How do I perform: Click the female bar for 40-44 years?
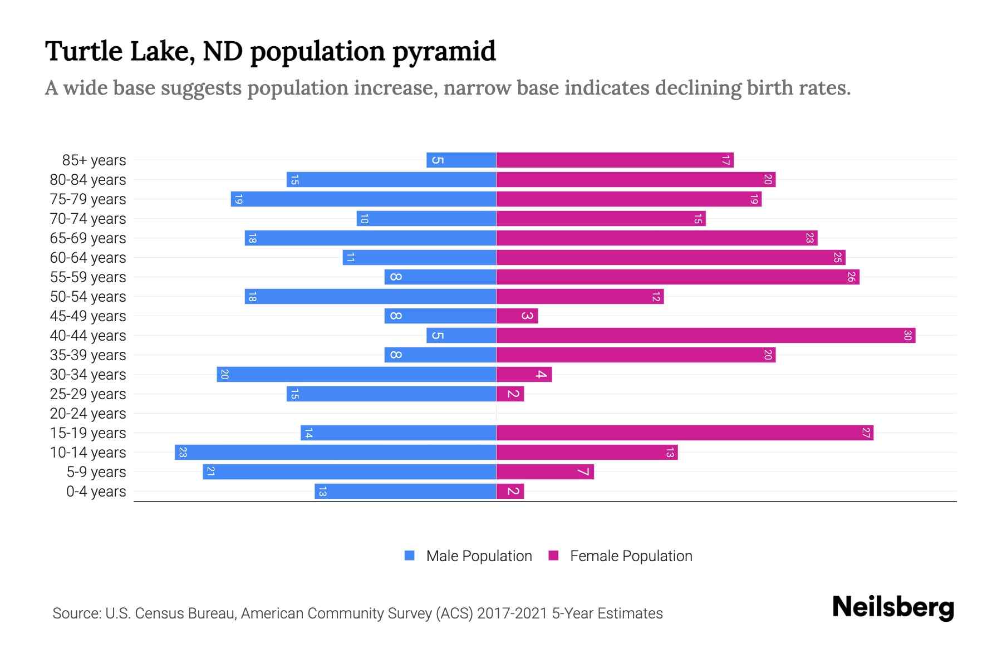coord(705,336)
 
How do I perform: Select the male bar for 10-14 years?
coord(335,453)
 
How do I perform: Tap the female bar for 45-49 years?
coord(517,316)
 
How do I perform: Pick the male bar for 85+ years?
coord(461,160)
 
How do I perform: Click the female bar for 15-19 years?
coord(685,433)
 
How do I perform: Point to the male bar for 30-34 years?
coord(356,375)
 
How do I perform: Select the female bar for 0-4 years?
coord(510,492)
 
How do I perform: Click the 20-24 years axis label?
coord(88,414)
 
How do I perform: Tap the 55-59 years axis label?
coord(88,277)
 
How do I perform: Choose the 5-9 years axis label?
coord(96,472)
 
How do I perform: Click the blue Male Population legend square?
coord(410,556)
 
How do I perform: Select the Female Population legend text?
coord(631,556)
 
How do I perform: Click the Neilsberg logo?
coord(893,607)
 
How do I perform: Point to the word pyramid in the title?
coord(444,52)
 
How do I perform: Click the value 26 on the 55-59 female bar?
coord(851,277)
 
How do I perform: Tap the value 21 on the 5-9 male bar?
coord(210,472)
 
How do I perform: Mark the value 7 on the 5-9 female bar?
coord(583,472)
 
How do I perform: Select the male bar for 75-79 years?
coord(363,199)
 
